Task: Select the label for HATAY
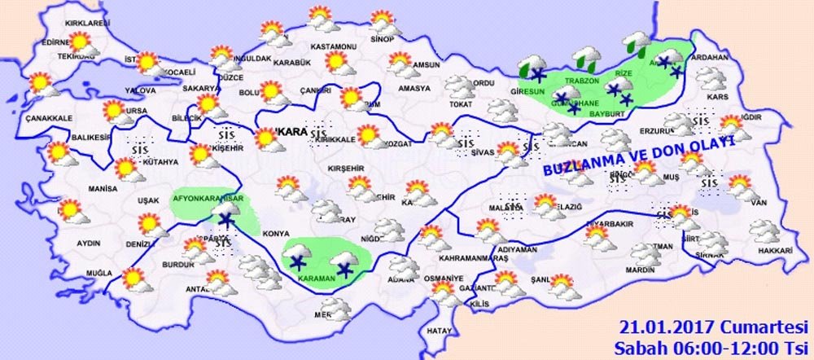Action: point(439,330)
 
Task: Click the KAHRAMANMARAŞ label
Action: point(473,257)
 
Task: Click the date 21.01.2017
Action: point(658,327)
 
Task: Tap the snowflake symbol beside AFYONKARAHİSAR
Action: point(225,220)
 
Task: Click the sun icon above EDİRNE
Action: point(80,42)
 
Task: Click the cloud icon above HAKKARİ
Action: point(764,231)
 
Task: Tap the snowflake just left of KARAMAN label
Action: point(297,262)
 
